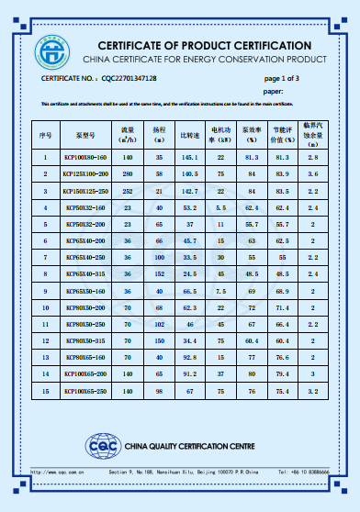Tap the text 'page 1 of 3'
[282, 79]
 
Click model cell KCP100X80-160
[85, 158]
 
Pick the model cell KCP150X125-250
[85, 191]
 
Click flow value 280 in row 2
[129, 174]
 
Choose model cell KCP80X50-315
[85, 340]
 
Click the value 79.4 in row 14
[281, 374]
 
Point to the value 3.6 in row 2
[312, 174]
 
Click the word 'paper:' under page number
[273, 92]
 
